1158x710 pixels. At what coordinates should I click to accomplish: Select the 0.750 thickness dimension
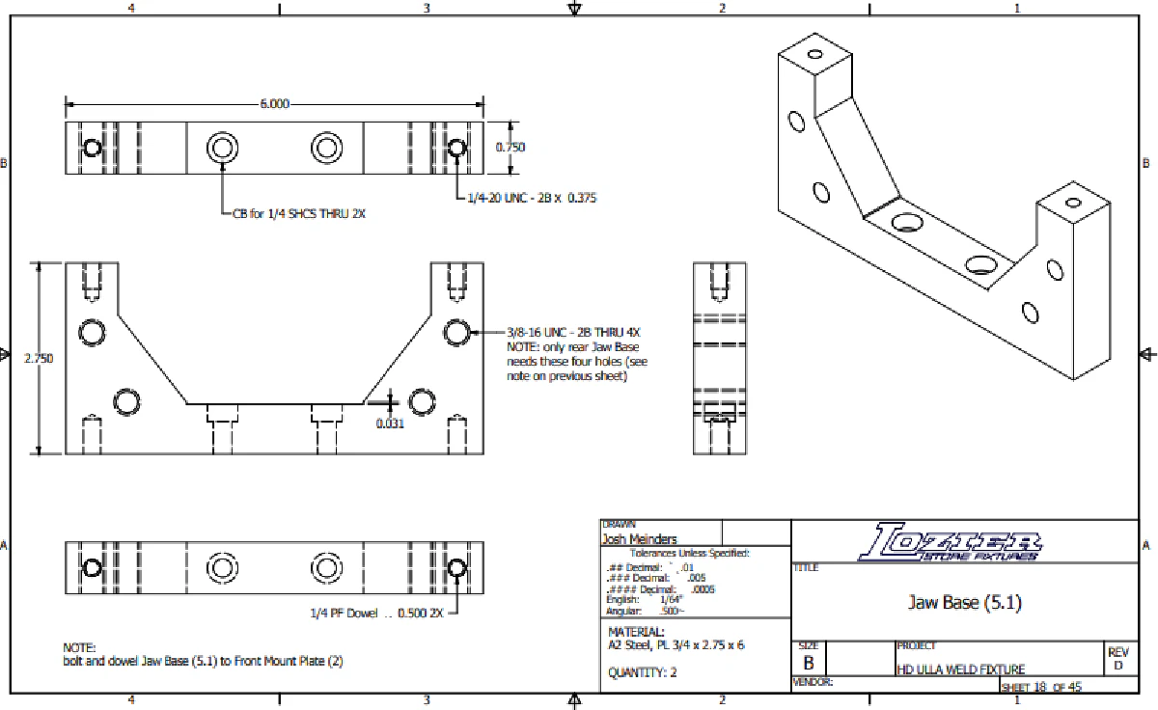[x=510, y=148]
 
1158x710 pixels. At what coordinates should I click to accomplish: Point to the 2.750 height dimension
[x=39, y=357]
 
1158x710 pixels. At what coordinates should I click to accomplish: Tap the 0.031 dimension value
[x=391, y=423]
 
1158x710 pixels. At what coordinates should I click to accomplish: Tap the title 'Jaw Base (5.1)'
[x=964, y=603]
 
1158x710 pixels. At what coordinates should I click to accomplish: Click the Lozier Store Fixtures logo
[x=950, y=542]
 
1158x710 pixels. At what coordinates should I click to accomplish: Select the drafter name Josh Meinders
[x=639, y=539]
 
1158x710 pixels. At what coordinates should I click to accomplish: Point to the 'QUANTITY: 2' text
[x=642, y=672]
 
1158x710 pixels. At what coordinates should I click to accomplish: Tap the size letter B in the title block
[x=808, y=664]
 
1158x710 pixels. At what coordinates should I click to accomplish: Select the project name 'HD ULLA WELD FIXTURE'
[x=960, y=669]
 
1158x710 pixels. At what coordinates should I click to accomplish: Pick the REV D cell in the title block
[x=1118, y=659]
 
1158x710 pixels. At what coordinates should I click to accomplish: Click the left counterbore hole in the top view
[x=223, y=148]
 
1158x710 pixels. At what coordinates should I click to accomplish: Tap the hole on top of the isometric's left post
[x=815, y=53]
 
